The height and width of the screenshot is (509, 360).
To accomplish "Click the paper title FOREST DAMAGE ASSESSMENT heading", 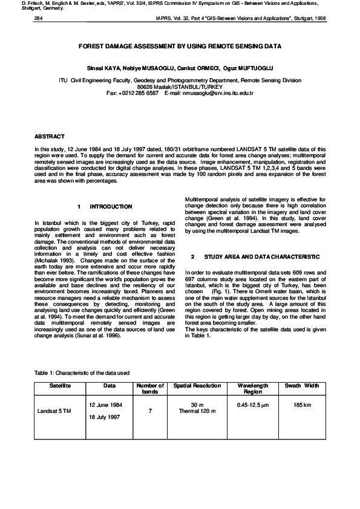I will [180, 46].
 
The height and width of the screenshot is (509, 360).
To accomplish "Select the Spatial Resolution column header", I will [197, 385].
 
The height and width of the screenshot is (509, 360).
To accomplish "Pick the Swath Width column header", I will [302, 385].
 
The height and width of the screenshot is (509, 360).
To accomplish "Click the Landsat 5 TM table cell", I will [54, 411].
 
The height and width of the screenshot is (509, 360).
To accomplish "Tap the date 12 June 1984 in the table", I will [105, 404].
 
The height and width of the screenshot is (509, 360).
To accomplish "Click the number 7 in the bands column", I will [149, 411].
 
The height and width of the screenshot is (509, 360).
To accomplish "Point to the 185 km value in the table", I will [302, 404].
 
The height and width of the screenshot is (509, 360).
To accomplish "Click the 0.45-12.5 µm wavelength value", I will [252, 404].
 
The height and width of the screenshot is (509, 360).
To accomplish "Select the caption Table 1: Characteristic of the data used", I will [82, 373].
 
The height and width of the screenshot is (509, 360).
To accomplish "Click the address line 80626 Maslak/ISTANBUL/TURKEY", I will [180, 86].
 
